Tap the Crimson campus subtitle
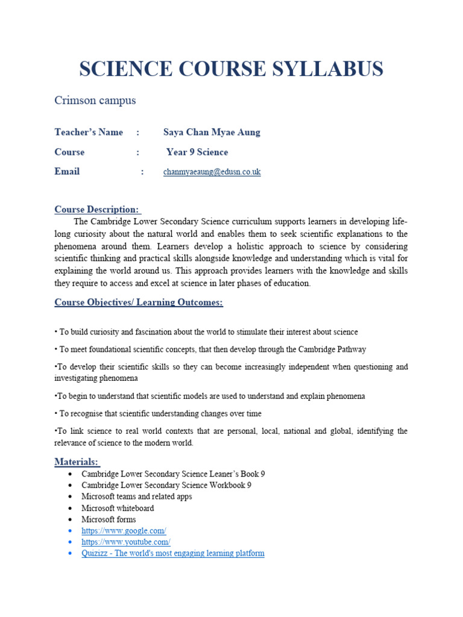point(95,101)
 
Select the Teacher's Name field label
point(89,132)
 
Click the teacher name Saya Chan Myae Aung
point(212,132)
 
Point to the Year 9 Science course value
point(197,152)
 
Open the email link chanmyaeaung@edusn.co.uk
point(212,172)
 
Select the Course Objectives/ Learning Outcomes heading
point(139,302)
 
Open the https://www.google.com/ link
point(124,530)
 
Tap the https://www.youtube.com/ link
point(126,542)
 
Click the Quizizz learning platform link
point(172,553)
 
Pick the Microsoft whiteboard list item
point(118,508)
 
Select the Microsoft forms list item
point(109,519)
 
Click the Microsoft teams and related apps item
point(137,496)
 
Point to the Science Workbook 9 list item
point(166,485)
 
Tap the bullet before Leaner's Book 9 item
point(71,474)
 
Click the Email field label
point(67,172)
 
